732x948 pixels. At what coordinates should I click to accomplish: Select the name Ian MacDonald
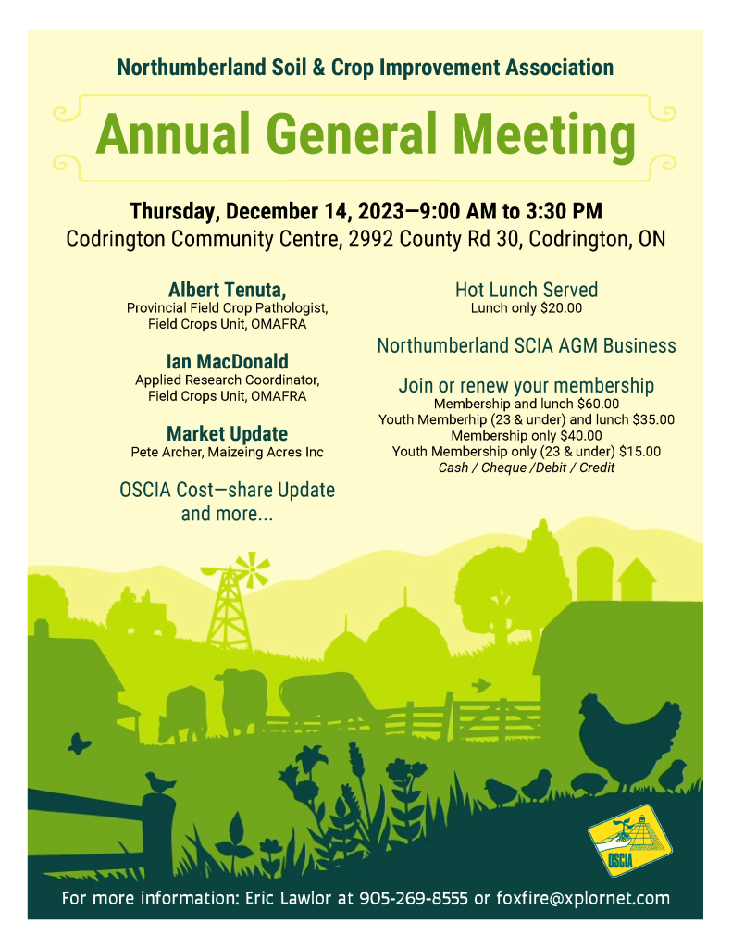point(227,361)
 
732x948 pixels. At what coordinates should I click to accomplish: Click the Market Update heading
point(227,433)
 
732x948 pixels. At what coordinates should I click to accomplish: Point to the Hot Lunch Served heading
point(527,289)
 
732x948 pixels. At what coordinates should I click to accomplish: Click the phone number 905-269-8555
point(414,898)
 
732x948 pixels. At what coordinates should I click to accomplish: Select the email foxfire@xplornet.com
point(583,898)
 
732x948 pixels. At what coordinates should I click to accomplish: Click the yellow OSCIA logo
point(630,839)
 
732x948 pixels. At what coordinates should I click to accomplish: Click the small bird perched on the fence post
point(159,783)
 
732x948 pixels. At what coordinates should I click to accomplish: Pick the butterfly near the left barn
point(80,742)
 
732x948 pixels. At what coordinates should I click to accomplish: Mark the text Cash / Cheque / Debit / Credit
point(527,468)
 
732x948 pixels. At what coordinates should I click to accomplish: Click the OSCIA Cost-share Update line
point(227,490)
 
